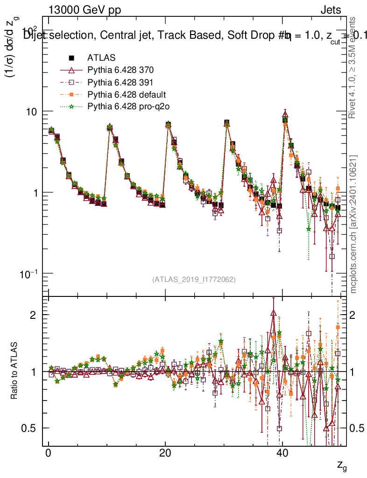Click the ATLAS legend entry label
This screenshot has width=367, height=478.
(x=101, y=58)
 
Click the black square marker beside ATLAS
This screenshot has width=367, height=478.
(x=72, y=58)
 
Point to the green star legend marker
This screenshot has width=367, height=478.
(x=72, y=107)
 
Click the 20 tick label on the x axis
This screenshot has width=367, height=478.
(x=165, y=453)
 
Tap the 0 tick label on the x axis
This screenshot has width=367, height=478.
(x=48, y=453)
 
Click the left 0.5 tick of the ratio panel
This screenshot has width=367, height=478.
(x=31, y=428)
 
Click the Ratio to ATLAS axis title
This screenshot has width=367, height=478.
(x=15, y=372)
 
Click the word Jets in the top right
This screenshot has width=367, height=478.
(x=330, y=10)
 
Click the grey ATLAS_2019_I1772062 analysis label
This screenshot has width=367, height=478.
(x=194, y=280)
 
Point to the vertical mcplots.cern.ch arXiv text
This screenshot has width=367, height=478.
(x=353, y=224)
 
